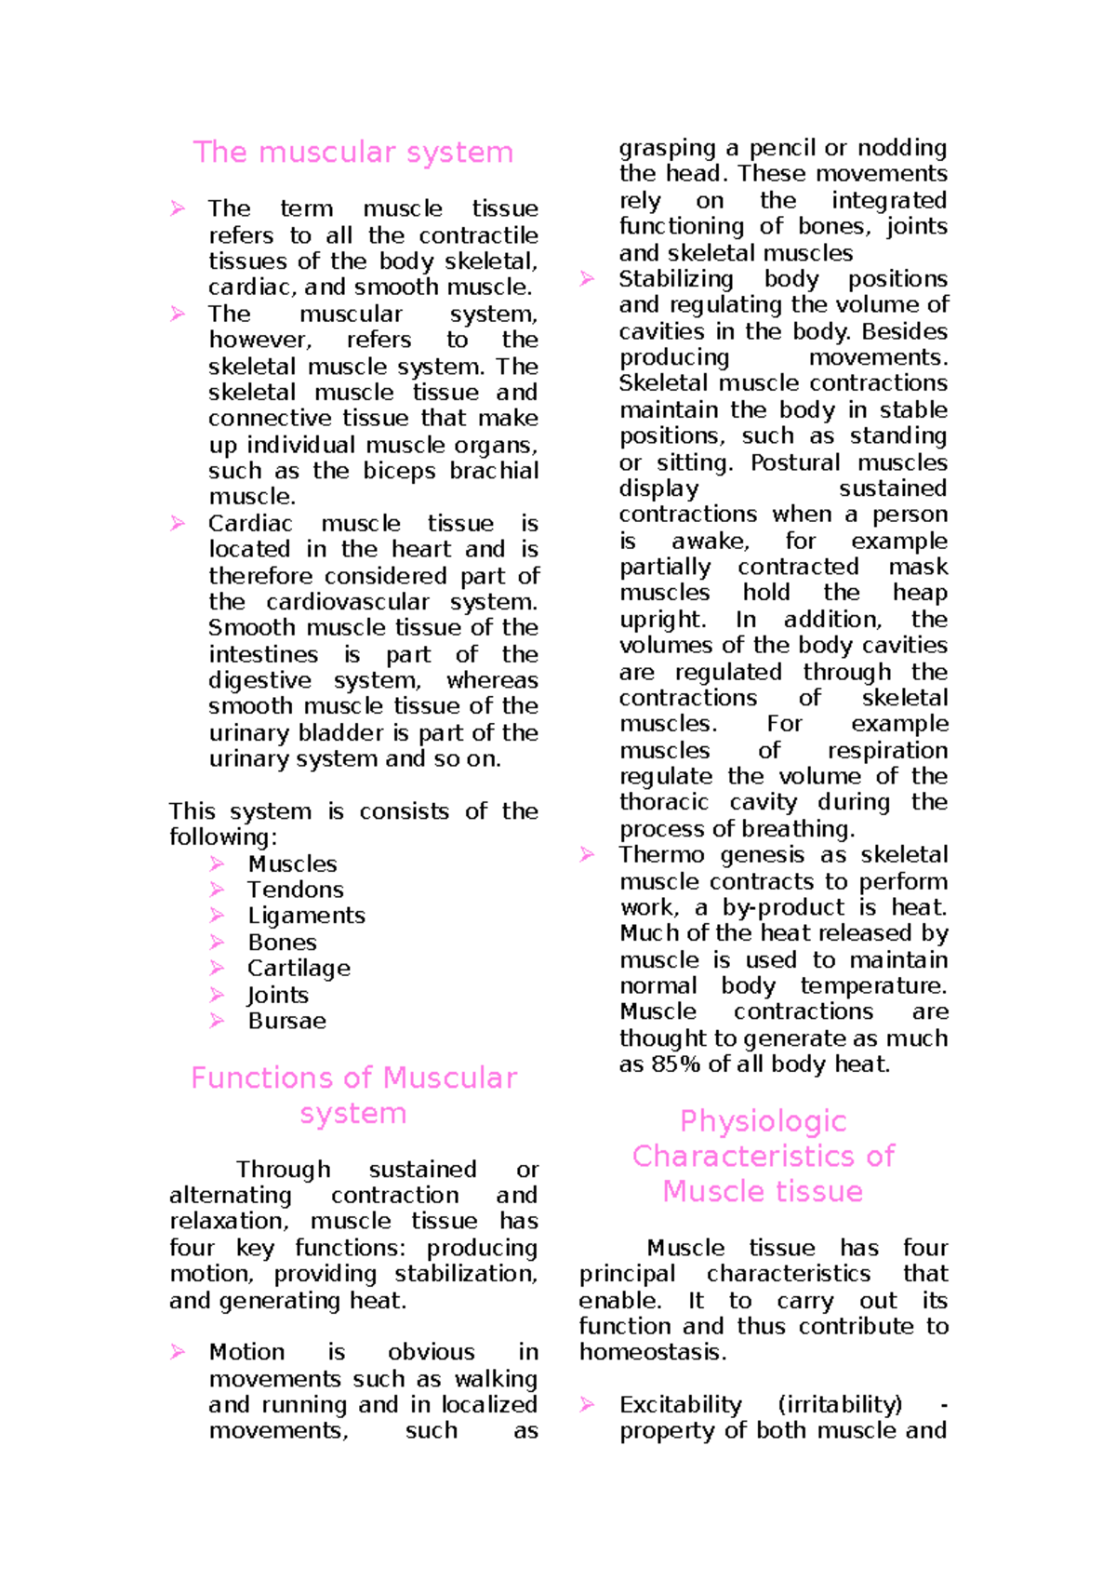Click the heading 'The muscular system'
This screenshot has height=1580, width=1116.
pos(352,153)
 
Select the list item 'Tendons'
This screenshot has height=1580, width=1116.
pos(295,890)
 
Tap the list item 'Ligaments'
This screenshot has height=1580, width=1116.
pos(306,917)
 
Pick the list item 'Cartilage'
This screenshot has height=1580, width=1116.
pos(299,969)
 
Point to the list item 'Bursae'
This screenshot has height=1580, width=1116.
pos(286,1022)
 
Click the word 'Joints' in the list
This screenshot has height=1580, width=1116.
pos(277,996)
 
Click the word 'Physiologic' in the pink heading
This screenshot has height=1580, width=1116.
pos(763,1121)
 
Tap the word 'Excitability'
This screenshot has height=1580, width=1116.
pos(680,1405)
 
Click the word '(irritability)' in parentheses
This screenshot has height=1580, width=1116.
pos(840,1405)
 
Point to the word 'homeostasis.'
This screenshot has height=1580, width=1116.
pos(652,1353)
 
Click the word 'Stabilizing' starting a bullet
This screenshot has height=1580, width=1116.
pos(676,279)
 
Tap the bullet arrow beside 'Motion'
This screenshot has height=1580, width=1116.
pos(178,1352)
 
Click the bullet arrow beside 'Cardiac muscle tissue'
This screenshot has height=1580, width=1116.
pos(178,524)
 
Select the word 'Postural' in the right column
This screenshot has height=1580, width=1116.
pos(796,462)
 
